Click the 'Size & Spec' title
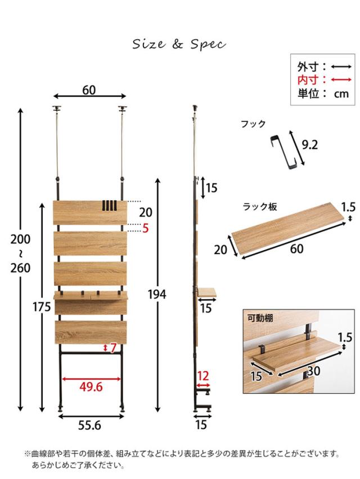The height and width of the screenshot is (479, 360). (x=179, y=44)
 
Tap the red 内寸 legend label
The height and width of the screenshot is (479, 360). (x=308, y=80)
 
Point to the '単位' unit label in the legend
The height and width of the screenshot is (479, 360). (x=308, y=93)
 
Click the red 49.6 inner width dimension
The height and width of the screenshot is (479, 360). (x=91, y=387)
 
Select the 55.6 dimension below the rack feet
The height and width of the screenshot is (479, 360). (x=89, y=425)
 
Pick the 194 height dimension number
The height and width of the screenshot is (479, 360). (x=157, y=295)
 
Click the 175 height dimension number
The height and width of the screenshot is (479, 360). (x=42, y=307)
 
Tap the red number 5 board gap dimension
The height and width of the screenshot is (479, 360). (x=146, y=228)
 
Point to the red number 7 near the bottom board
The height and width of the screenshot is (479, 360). (x=114, y=347)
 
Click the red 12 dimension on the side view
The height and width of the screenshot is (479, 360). (x=203, y=376)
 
